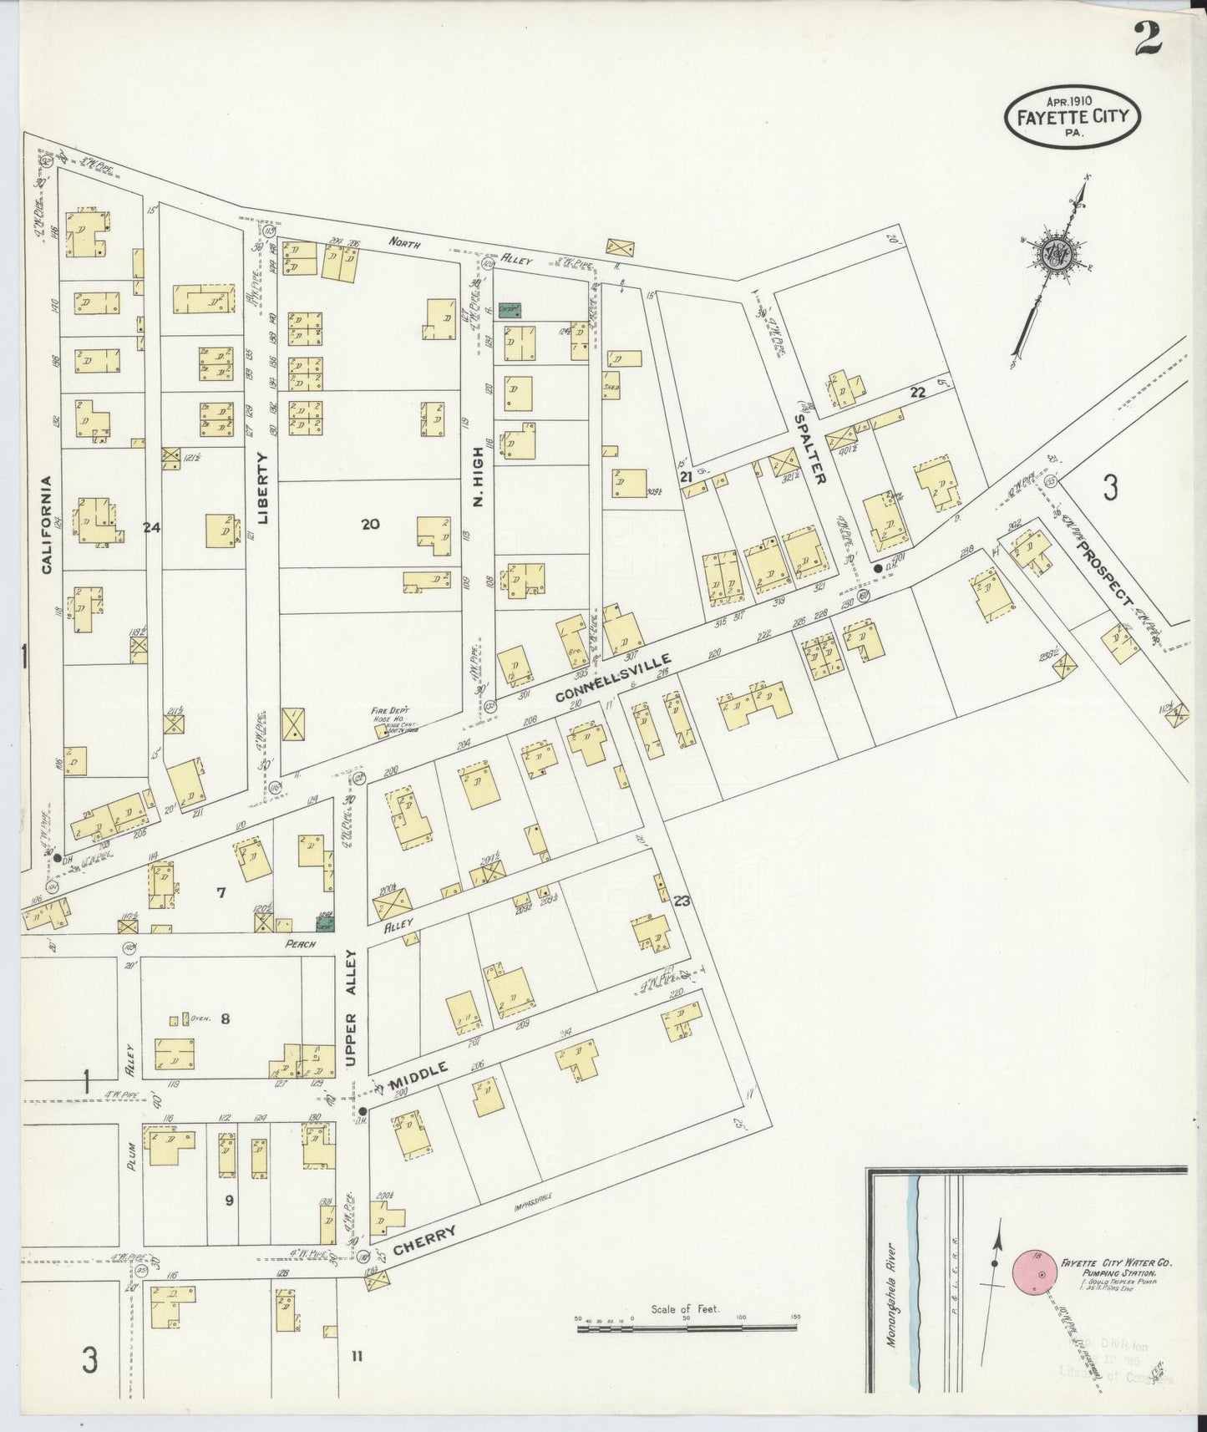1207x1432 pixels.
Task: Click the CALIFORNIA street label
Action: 46,525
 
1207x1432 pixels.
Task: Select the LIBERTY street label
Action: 264,487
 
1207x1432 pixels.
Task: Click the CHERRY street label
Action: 424,1241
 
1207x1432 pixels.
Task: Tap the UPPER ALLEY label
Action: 352,1007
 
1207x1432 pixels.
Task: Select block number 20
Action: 370,524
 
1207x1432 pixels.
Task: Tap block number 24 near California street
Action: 151,527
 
